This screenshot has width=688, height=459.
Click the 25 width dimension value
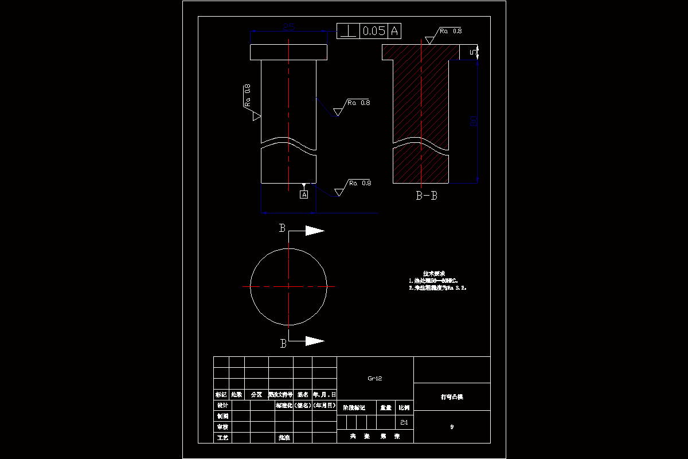289,26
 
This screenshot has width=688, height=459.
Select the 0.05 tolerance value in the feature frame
374,31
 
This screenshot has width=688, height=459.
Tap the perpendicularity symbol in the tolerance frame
347,31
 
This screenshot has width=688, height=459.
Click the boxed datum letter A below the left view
304,195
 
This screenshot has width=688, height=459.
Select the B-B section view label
427,196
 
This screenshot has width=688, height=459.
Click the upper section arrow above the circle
314,231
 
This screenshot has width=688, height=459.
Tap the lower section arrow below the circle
314,341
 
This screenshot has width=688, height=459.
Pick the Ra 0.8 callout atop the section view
451,30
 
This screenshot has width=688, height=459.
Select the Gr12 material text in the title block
375,378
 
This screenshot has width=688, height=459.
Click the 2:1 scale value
404,422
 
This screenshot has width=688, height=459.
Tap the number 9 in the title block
452,427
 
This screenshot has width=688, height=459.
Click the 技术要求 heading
434,273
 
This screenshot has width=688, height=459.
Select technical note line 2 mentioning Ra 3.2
438,288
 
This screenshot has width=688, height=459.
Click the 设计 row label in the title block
221,406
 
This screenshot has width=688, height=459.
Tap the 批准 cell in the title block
284,437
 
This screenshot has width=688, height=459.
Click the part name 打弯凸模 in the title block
451,396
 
